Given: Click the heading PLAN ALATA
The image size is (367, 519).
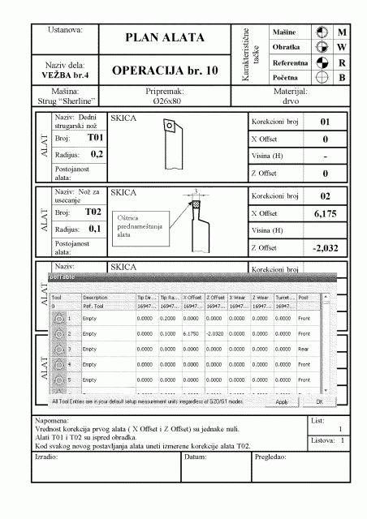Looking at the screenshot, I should point(164,38).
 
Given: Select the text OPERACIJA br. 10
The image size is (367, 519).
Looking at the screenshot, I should point(164,71).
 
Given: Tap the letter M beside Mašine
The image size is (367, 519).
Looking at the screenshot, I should point(342,32).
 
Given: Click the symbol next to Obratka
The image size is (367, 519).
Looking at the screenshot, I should point(322,47).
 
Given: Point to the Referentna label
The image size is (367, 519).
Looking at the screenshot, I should point(289,62).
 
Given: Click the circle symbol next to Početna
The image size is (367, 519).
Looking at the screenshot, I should point(322,78).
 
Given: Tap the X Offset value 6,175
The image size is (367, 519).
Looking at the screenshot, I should point(325,213).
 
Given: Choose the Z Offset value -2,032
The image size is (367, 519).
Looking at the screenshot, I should point(324,248).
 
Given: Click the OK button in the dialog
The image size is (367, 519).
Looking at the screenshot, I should point(319,401).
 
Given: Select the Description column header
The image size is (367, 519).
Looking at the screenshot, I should point(96,298).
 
